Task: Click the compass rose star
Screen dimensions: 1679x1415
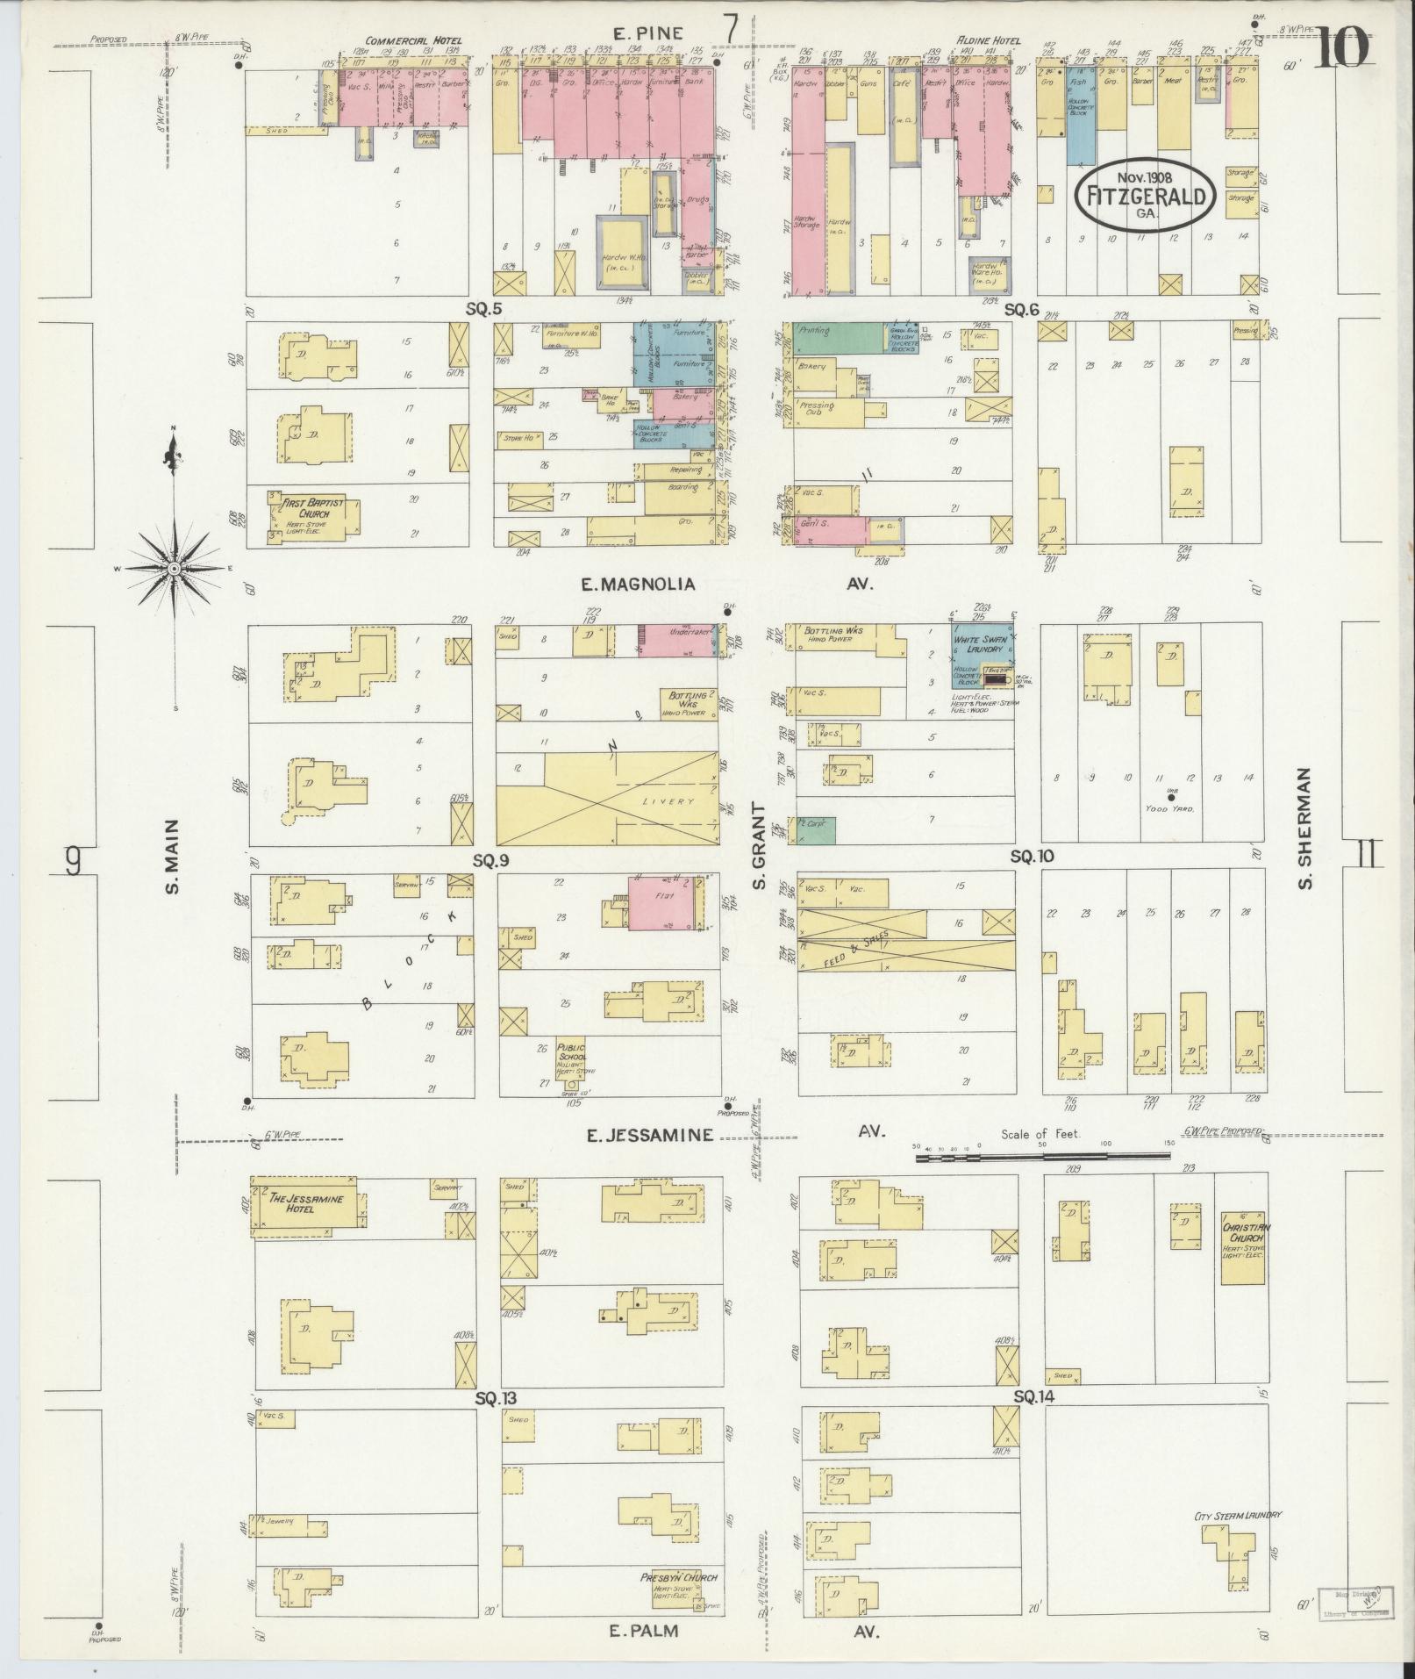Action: [174, 569]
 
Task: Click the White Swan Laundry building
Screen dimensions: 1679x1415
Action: [982, 657]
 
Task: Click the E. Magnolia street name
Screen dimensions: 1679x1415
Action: [638, 584]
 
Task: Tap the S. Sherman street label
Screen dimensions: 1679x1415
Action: [1305, 829]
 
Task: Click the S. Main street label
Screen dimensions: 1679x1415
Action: [173, 857]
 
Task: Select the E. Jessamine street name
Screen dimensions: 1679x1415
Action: [648, 1135]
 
